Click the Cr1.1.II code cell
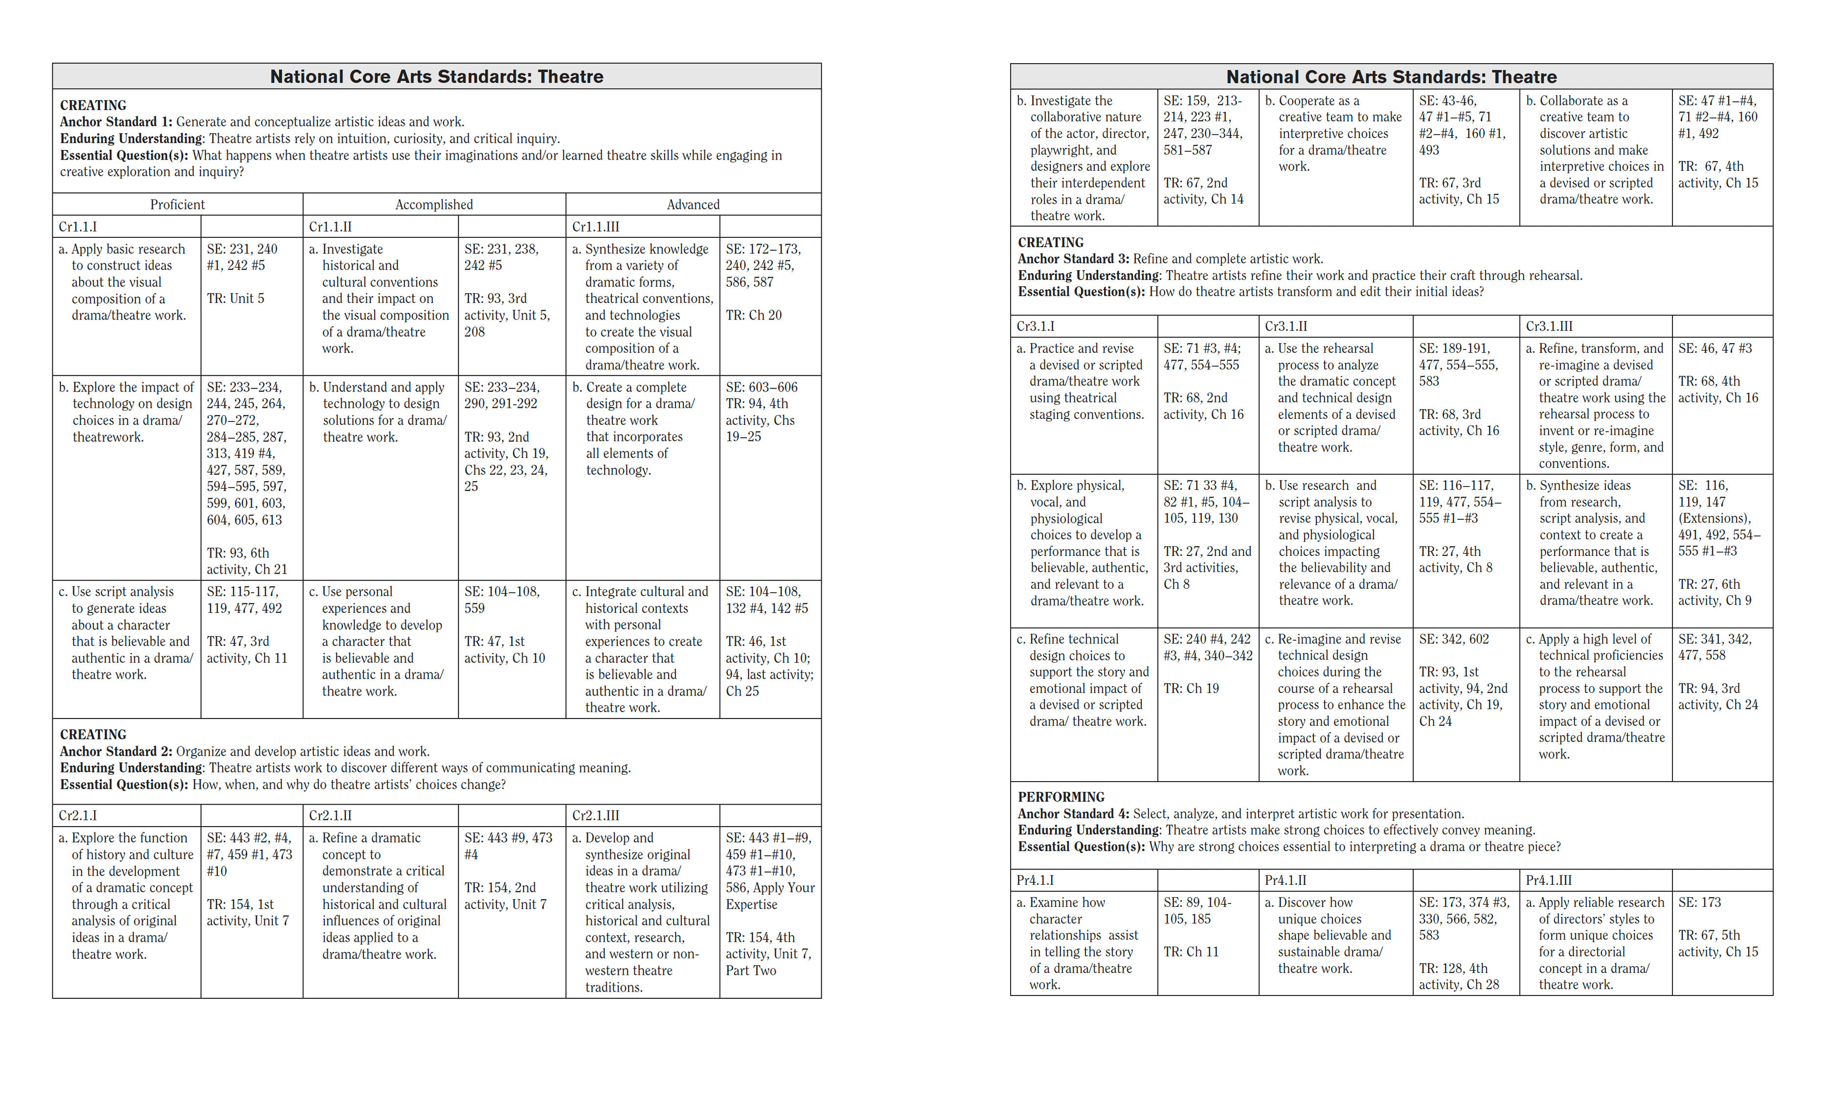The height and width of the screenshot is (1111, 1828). (x=330, y=226)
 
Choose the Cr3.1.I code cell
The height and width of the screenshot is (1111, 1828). (x=1035, y=326)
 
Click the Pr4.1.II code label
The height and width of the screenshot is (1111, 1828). (x=1286, y=880)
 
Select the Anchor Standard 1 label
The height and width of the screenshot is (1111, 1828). (x=115, y=122)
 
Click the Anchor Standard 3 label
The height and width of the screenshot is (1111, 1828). (x=1073, y=258)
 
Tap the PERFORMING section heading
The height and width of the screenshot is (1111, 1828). (x=1061, y=797)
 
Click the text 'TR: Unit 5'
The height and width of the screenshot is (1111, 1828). (x=235, y=299)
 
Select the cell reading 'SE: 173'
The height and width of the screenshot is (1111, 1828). (x=1699, y=903)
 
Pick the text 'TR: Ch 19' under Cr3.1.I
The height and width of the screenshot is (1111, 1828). (x=1191, y=688)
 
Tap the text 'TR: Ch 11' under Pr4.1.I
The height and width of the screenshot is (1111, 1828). (x=1191, y=951)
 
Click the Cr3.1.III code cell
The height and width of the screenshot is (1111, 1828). (x=1549, y=326)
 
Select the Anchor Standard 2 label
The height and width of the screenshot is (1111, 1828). (x=115, y=751)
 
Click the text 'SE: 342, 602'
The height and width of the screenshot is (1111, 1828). (x=1453, y=639)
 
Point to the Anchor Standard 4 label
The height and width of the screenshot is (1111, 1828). (x=1073, y=813)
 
